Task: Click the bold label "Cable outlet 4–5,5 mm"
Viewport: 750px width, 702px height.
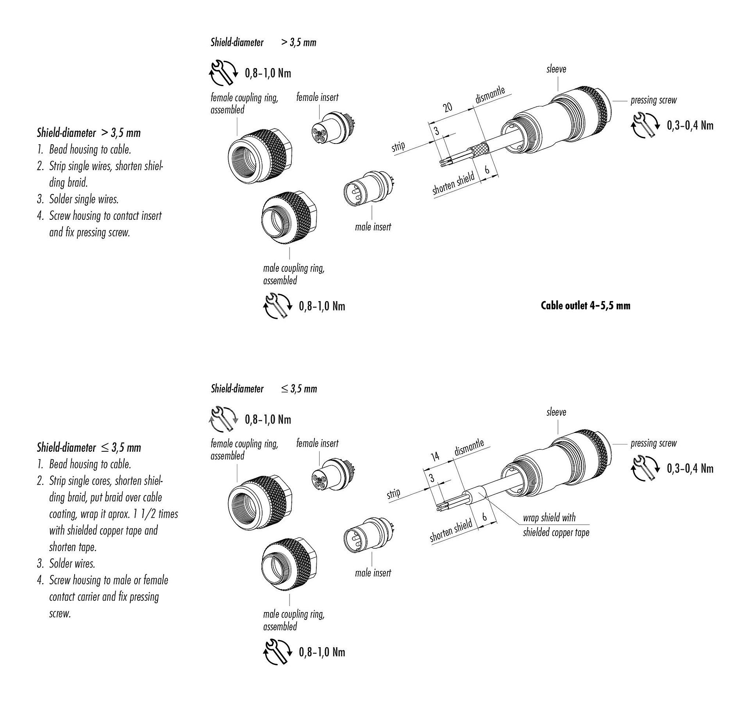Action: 585,305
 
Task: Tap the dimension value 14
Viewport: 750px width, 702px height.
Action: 435,456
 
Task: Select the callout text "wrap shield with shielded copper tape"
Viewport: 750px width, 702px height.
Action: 555,525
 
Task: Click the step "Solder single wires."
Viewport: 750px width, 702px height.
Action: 84,199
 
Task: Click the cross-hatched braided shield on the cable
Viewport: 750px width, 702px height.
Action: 479,151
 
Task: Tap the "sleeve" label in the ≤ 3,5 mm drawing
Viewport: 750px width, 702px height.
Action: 556,412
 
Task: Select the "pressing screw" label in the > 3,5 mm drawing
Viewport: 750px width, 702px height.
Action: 653,100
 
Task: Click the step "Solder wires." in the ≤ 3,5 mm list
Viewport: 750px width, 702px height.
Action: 72,564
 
